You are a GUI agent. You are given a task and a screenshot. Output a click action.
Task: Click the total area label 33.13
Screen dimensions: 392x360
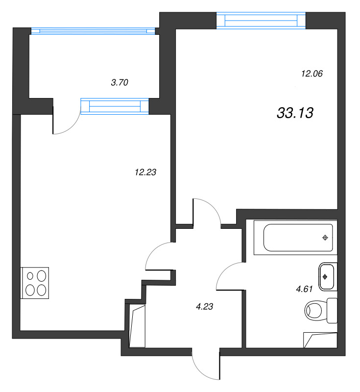click(x=295, y=113)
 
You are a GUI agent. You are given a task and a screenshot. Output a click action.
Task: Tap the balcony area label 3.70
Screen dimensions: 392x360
click(x=120, y=83)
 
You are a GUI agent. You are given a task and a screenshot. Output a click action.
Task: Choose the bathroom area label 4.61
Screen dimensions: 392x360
click(x=304, y=289)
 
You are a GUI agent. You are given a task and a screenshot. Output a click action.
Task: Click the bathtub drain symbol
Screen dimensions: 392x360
click(x=324, y=238)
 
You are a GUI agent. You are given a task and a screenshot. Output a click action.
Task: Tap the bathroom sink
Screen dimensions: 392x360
click(x=326, y=276)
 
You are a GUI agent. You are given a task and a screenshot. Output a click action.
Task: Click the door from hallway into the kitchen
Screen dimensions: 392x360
click(x=159, y=255)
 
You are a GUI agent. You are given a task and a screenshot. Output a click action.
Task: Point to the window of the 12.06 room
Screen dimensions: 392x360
click(x=261, y=20)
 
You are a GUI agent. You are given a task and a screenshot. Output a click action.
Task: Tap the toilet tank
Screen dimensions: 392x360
click(x=333, y=310)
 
